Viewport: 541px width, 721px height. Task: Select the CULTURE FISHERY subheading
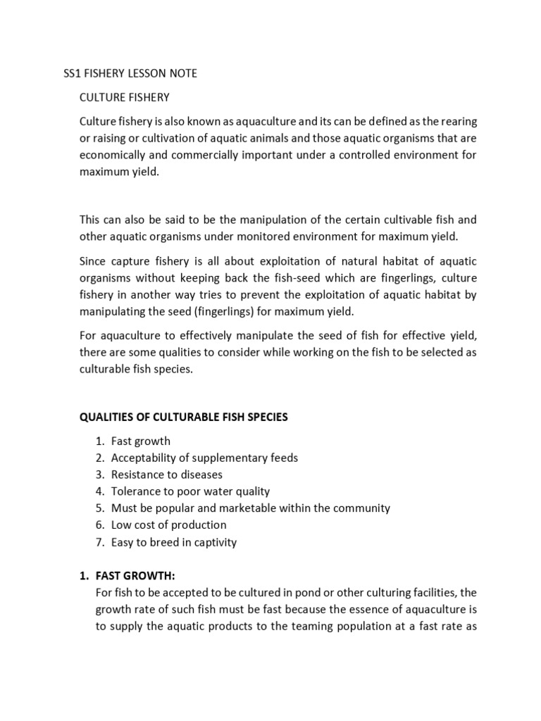coord(125,97)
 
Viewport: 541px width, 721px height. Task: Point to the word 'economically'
coord(112,156)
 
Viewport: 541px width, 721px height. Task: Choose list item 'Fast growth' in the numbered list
coord(140,441)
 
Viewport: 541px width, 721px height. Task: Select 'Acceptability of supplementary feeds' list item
coord(204,458)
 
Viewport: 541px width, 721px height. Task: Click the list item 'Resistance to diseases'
coord(166,475)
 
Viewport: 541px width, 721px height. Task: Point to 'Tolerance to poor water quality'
coord(190,491)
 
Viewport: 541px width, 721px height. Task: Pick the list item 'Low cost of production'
coord(168,525)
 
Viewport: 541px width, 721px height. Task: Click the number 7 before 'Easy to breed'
coord(99,542)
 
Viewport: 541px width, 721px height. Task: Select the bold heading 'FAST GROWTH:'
coord(135,576)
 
